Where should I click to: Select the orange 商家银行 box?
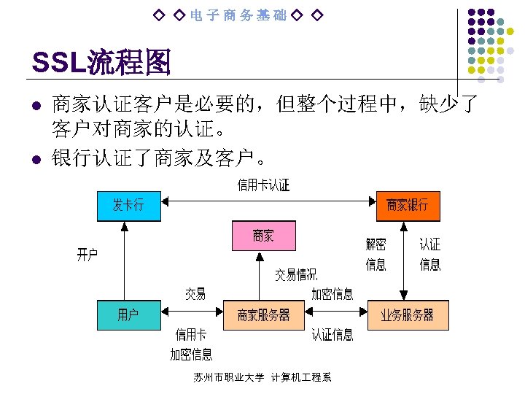click(x=408, y=205)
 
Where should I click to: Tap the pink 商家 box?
click(x=263, y=235)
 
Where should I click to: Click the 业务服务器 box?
click(x=408, y=314)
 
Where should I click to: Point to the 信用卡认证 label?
click(x=263, y=185)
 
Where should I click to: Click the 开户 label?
click(x=87, y=255)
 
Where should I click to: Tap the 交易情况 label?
click(x=295, y=275)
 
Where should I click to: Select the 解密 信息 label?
click(x=376, y=254)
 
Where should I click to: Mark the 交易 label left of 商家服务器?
click(x=195, y=294)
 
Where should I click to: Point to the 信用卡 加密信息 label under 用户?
click(x=191, y=344)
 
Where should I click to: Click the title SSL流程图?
click(x=101, y=63)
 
